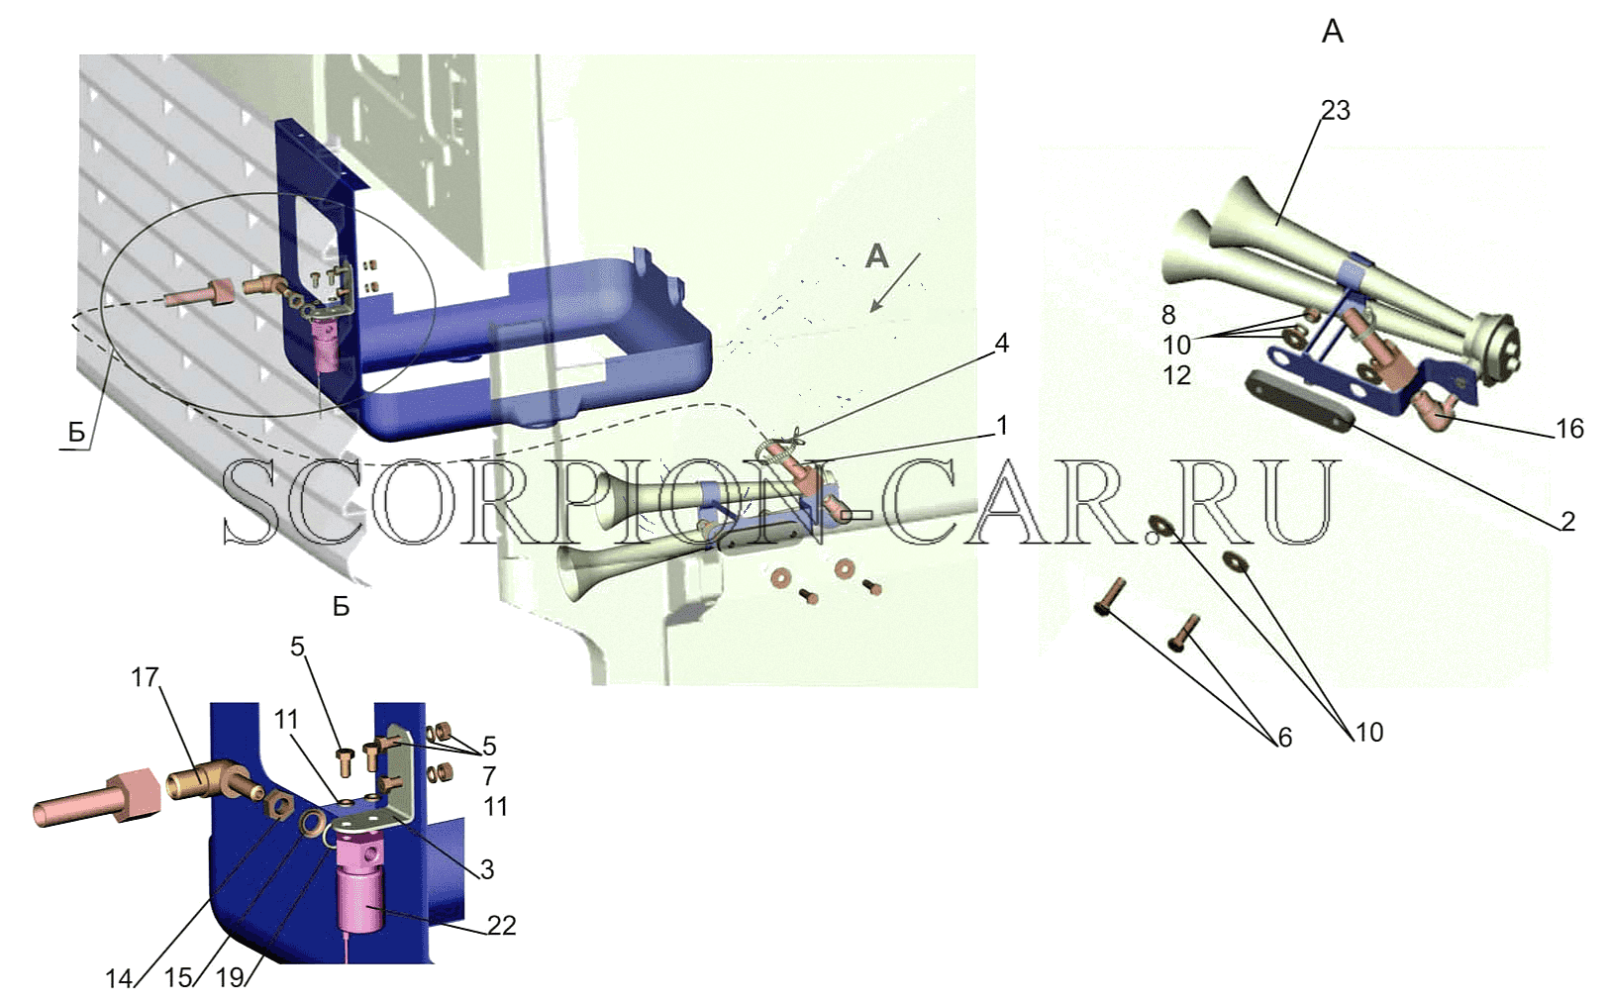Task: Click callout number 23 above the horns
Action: click(1335, 111)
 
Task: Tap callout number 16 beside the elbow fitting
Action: click(1569, 429)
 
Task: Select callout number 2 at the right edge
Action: click(1567, 521)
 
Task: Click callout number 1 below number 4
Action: click(1002, 426)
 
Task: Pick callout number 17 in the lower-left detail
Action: click(146, 676)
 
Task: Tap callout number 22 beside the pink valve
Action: click(501, 925)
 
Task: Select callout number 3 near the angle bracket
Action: click(487, 869)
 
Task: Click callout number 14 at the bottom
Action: click(120, 978)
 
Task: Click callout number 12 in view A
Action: click(1176, 375)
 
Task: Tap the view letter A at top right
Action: click(1333, 32)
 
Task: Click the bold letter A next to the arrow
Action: click(876, 255)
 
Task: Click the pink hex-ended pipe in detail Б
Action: click(97, 799)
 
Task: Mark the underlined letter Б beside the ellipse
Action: click(77, 433)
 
